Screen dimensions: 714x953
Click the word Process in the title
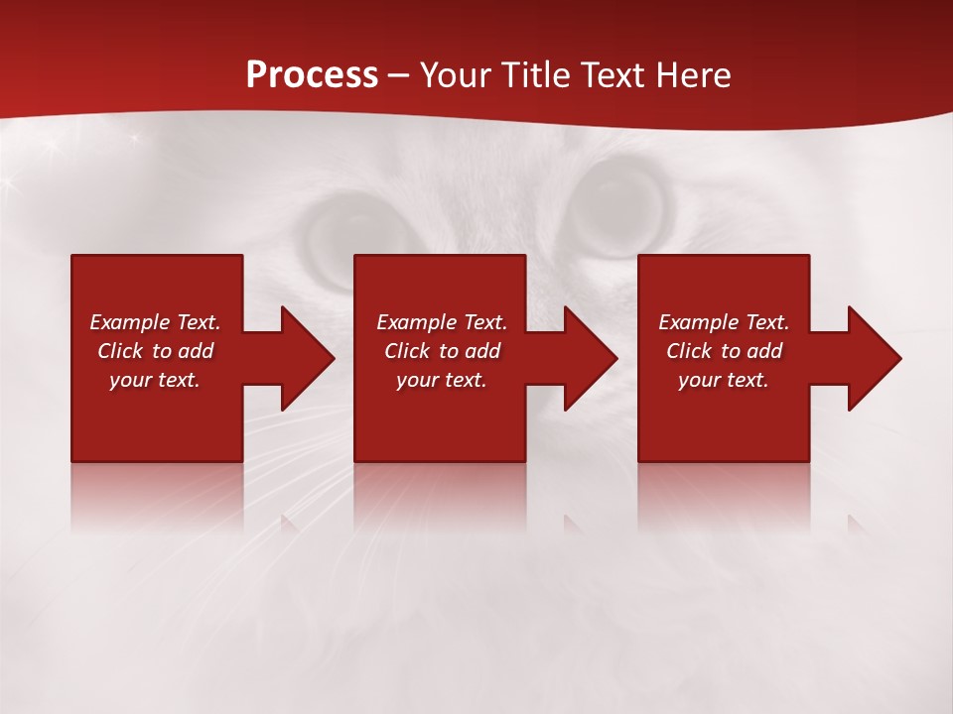pyautogui.click(x=312, y=75)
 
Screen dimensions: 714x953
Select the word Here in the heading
pyautogui.click(x=692, y=75)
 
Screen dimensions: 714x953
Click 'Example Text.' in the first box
pyautogui.click(x=155, y=322)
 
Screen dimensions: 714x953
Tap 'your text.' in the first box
pyautogui.click(x=155, y=380)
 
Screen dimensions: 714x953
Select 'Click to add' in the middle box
pyautogui.click(x=442, y=351)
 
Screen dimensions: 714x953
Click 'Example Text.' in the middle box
pyautogui.click(x=442, y=322)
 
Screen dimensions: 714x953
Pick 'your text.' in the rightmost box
pyautogui.click(x=724, y=380)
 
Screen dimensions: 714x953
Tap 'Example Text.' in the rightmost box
pyautogui.click(x=724, y=322)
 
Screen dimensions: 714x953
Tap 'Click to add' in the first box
pyautogui.click(x=155, y=351)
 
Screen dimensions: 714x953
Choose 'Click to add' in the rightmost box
pyautogui.click(x=724, y=351)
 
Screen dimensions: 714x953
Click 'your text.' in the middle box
pyautogui.click(x=442, y=380)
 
